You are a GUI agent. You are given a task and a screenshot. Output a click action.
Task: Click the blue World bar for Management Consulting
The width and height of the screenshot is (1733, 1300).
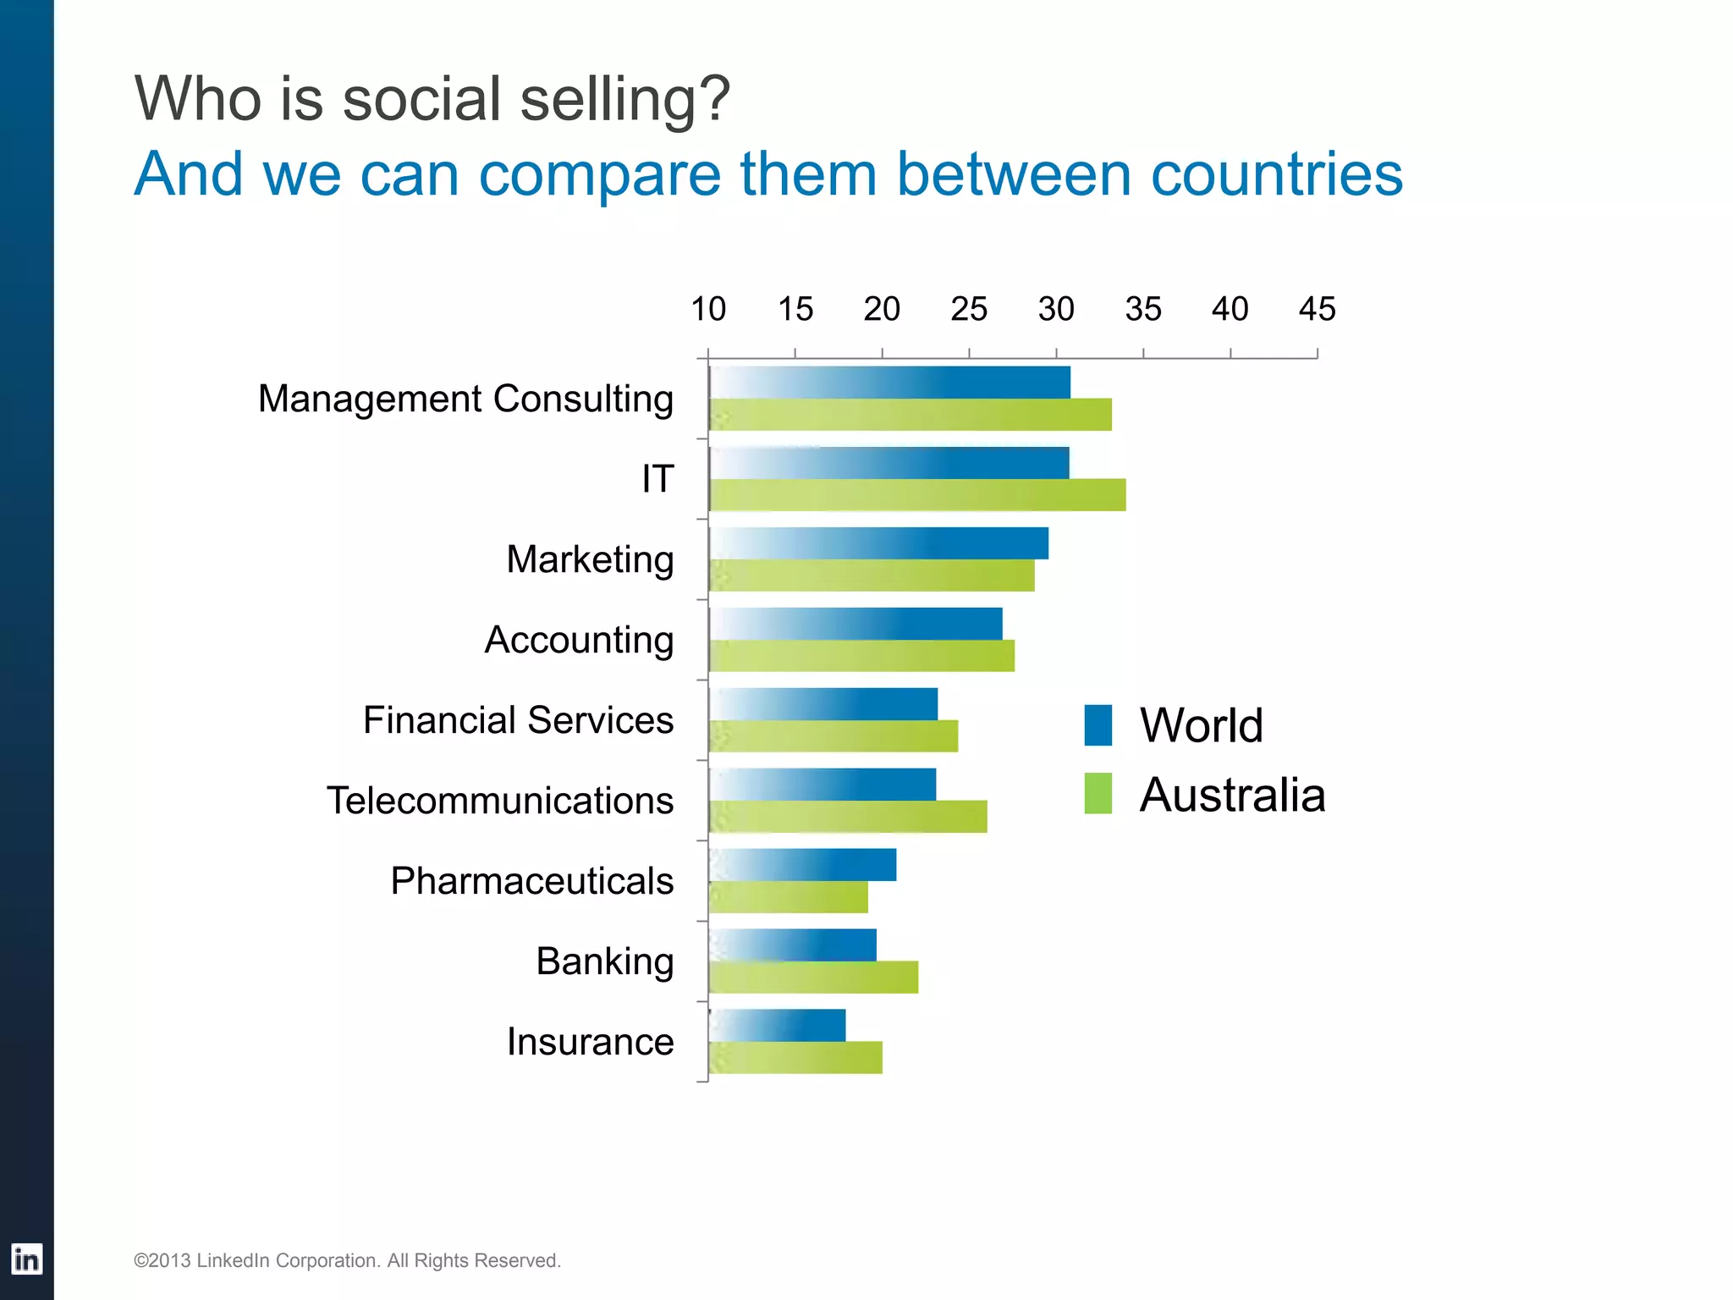pyautogui.click(x=889, y=383)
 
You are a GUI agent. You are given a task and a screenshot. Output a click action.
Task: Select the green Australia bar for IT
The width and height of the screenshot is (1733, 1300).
pyautogui.click(x=917, y=495)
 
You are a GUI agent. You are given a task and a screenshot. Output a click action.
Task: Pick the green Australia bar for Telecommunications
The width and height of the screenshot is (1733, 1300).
pyautogui.click(x=848, y=817)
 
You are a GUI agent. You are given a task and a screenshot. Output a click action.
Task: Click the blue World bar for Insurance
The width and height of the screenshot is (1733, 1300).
pyautogui.click(x=777, y=1026)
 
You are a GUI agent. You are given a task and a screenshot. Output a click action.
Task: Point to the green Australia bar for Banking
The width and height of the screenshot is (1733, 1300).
pyautogui.click(x=813, y=978)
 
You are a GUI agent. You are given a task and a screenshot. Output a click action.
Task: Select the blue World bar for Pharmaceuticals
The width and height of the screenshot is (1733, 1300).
pyautogui.click(x=802, y=865)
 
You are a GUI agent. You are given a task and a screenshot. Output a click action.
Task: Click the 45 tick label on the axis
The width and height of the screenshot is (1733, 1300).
pyautogui.click(x=1317, y=310)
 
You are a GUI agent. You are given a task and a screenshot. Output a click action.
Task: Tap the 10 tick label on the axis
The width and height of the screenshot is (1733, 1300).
pyautogui.click(x=708, y=310)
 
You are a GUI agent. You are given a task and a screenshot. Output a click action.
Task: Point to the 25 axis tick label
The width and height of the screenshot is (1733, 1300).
pyautogui.click(x=969, y=310)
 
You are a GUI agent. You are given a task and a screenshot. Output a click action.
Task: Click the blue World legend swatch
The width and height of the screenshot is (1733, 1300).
pyautogui.click(x=1098, y=725)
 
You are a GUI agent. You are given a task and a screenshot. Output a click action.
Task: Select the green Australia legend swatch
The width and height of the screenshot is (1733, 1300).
pyautogui.click(x=1098, y=794)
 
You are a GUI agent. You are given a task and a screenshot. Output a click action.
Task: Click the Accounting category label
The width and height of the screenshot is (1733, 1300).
pyautogui.click(x=579, y=640)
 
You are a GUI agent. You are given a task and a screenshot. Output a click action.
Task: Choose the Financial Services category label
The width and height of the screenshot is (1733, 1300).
pyautogui.click(x=518, y=720)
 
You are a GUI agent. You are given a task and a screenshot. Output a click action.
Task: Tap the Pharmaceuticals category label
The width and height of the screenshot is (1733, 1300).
pyautogui.click(x=531, y=881)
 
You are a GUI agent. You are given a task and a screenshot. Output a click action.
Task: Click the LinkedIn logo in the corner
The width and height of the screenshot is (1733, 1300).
pyautogui.click(x=26, y=1259)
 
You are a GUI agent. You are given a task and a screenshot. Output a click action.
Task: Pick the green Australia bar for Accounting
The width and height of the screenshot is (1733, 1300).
pyautogui.click(x=861, y=656)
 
